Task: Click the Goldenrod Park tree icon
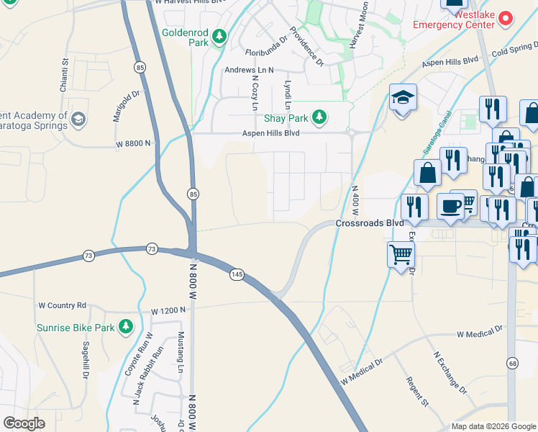pos(219,36)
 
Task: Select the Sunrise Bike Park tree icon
pos(126,328)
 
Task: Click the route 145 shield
pos(237,274)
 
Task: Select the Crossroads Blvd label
pos(370,224)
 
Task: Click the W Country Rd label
pos(62,305)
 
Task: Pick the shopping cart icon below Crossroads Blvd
pos(401,253)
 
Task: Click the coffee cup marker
pos(451,205)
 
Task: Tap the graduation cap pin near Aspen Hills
pos(403,97)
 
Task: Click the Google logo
pos(24,423)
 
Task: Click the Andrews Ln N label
pos(250,71)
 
